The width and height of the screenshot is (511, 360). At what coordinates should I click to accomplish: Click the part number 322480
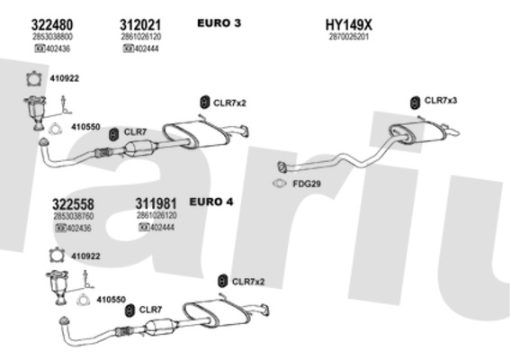(x=52, y=24)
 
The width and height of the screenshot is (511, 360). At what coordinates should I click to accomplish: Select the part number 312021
(x=140, y=24)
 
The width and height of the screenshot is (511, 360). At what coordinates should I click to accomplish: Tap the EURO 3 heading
(x=219, y=23)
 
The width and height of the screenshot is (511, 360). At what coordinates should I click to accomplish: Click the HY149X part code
(x=348, y=24)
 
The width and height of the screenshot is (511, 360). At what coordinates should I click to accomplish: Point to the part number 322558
(x=74, y=204)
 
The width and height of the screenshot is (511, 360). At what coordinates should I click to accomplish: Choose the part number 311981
(x=157, y=203)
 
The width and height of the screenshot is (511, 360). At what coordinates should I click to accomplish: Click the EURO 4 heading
(x=211, y=202)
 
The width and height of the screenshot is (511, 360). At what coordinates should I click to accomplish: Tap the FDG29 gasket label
(x=307, y=184)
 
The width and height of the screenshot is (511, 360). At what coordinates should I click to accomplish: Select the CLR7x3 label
(x=441, y=101)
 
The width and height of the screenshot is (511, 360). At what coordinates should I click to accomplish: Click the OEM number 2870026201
(x=349, y=37)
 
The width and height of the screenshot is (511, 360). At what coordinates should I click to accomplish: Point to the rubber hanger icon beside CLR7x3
(x=415, y=103)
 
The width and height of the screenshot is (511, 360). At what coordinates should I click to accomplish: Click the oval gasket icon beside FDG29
(x=280, y=184)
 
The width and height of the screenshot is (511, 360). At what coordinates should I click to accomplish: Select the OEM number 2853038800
(x=52, y=37)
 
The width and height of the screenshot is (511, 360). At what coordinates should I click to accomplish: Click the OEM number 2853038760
(x=74, y=216)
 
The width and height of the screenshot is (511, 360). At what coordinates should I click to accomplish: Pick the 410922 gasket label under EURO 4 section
(x=85, y=256)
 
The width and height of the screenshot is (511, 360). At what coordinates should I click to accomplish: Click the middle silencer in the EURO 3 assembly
(x=195, y=134)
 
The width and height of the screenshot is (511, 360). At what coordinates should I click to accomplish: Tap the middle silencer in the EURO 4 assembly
(x=216, y=313)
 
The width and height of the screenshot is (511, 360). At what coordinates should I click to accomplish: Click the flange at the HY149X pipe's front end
(x=282, y=167)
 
